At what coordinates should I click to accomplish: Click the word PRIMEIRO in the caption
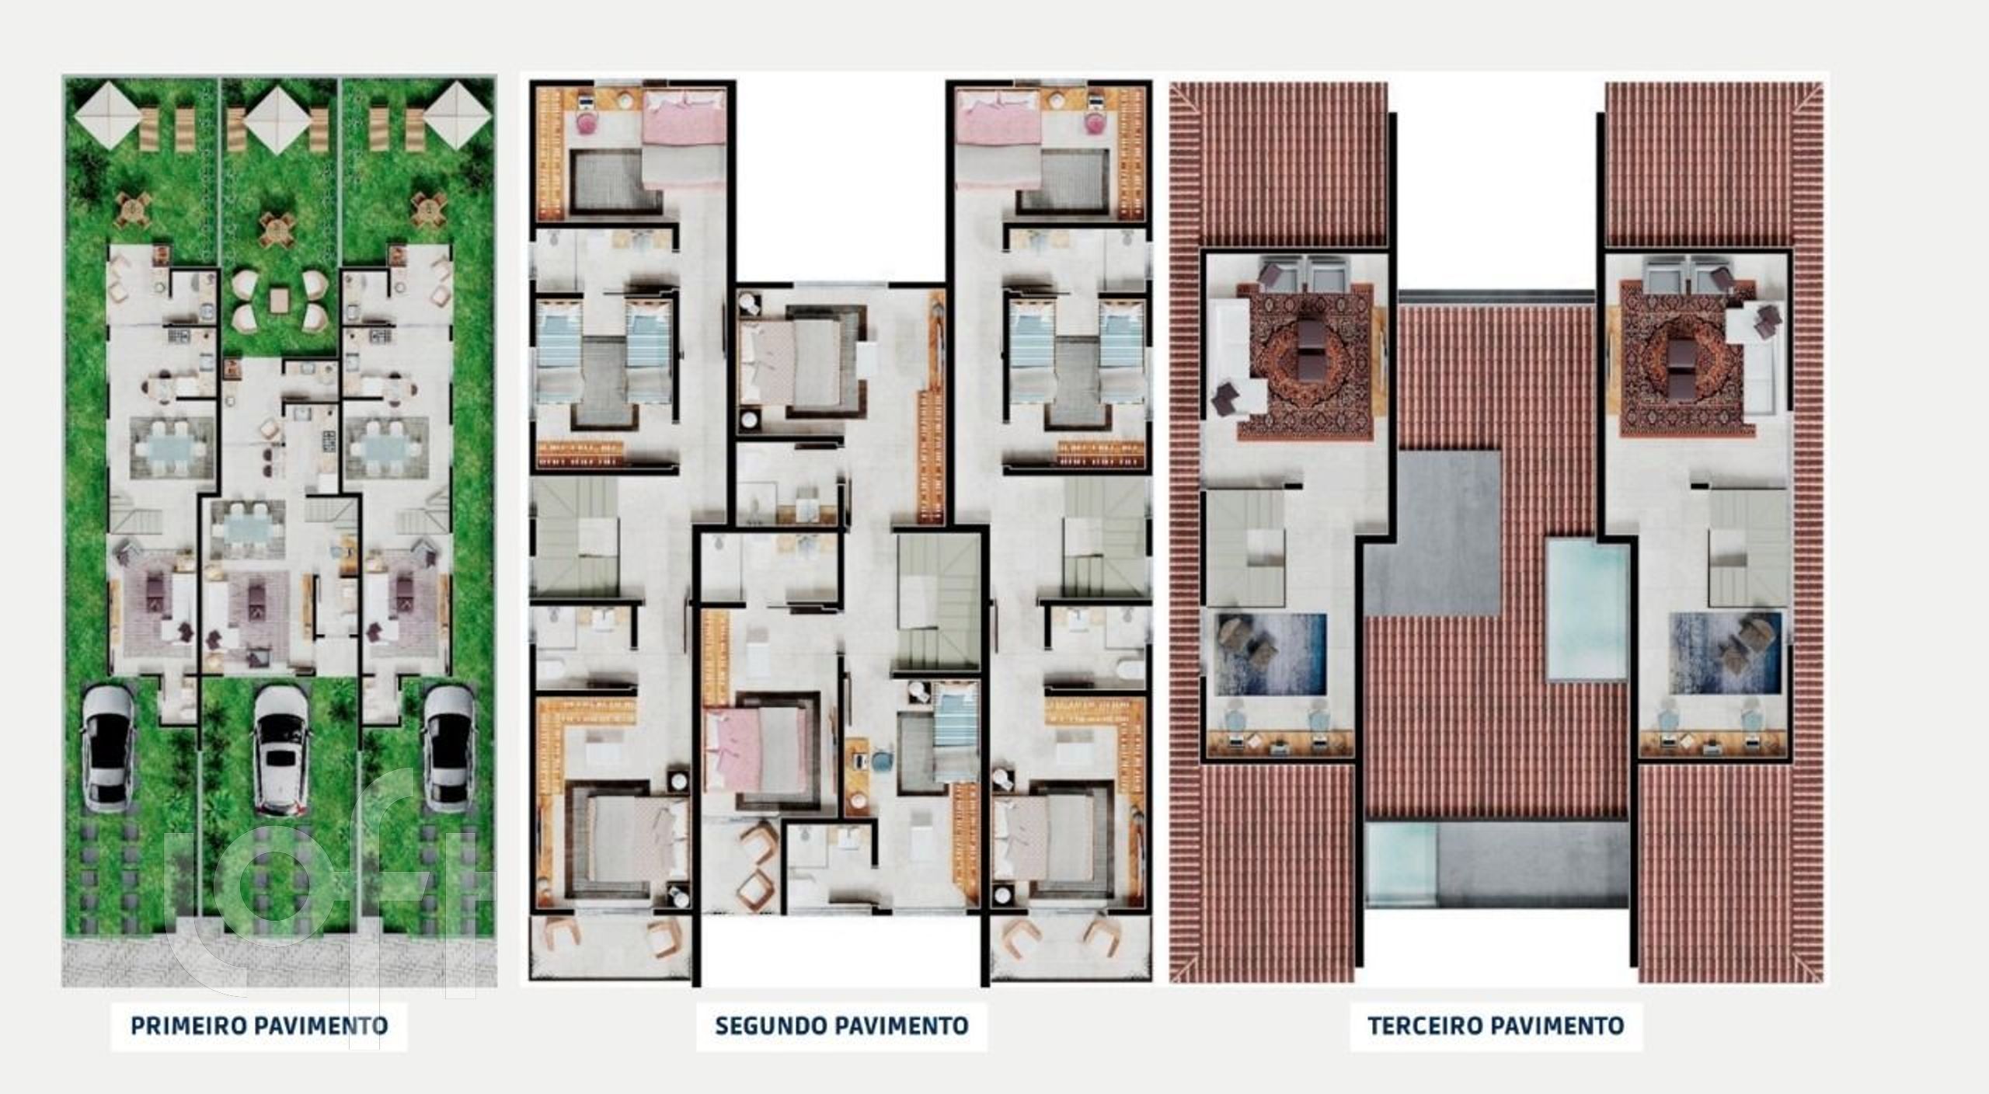point(189,1026)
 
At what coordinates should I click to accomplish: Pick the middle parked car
point(282,751)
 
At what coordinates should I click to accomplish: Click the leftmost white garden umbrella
point(108,116)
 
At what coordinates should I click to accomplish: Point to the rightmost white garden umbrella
point(458,116)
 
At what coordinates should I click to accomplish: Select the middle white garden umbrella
point(278,119)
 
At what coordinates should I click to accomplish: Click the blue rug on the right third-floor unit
point(1725,653)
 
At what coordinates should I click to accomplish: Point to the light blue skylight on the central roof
point(1587,611)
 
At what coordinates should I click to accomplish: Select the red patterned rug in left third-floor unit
point(1305,361)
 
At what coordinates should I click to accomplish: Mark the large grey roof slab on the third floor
point(1432,533)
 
